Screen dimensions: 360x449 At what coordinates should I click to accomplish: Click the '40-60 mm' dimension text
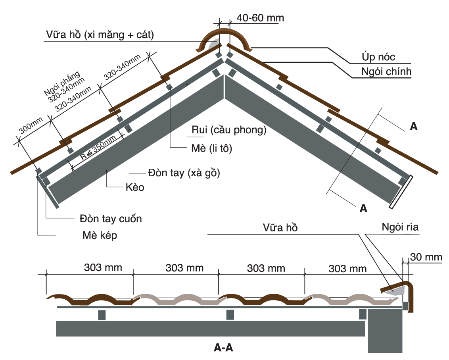(x=260, y=18)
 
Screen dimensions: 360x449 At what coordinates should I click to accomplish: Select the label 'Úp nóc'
(x=378, y=57)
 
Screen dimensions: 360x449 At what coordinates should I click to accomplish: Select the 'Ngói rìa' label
(x=400, y=227)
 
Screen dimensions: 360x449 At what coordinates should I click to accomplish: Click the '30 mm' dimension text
(x=426, y=257)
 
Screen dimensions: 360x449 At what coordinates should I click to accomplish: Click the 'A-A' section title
(x=223, y=348)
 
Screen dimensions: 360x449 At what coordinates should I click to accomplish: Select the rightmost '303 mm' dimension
(x=347, y=269)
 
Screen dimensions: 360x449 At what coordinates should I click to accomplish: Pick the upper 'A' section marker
(x=413, y=126)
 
